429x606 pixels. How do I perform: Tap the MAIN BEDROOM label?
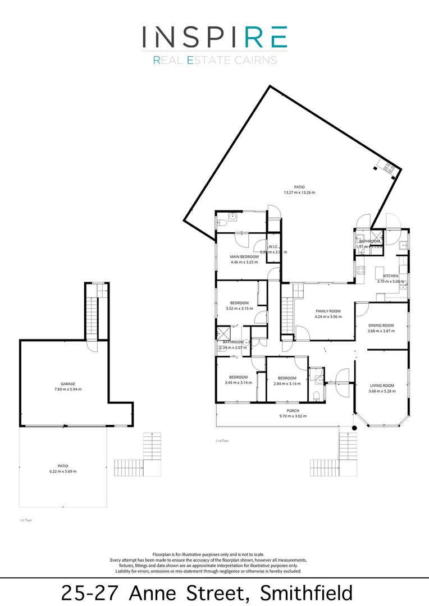244,256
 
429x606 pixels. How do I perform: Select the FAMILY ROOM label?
328,311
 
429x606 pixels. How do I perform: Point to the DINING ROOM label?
381,325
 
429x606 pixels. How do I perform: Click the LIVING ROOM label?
382,385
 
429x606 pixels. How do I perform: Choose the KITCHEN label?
391,276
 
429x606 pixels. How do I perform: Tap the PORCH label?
291,411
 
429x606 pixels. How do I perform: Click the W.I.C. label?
274,247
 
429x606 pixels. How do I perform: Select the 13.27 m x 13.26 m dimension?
299,192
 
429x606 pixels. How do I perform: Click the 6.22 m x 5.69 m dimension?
62,471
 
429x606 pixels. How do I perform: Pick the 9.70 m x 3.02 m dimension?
293,416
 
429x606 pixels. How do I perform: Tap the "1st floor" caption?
26,521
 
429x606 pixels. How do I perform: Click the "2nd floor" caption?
222,441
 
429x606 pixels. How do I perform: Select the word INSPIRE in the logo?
214,37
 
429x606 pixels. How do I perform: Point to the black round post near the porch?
354,429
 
